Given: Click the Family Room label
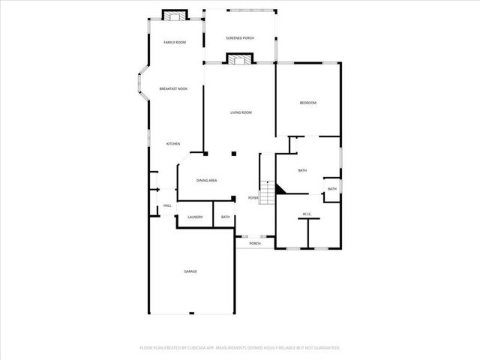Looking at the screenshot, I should click(x=175, y=42).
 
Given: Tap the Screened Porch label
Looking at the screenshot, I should click(x=240, y=37).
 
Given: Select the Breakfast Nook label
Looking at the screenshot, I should click(x=173, y=88).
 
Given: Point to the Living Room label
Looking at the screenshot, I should click(x=241, y=112).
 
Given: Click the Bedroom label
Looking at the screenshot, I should click(x=308, y=103).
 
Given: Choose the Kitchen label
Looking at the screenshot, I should click(x=173, y=143).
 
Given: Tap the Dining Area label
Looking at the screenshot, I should click(x=207, y=181).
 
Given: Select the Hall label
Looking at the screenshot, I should click(x=167, y=205).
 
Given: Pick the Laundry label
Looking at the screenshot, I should click(x=195, y=217).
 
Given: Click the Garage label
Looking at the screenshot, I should click(x=190, y=271).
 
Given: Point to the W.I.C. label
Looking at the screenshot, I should click(x=307, y=214).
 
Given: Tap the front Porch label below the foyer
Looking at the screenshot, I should click(x=255, y=244).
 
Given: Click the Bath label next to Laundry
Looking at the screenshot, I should click(x=225, y=217).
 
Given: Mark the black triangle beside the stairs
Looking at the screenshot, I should click(x=280, y=190).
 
